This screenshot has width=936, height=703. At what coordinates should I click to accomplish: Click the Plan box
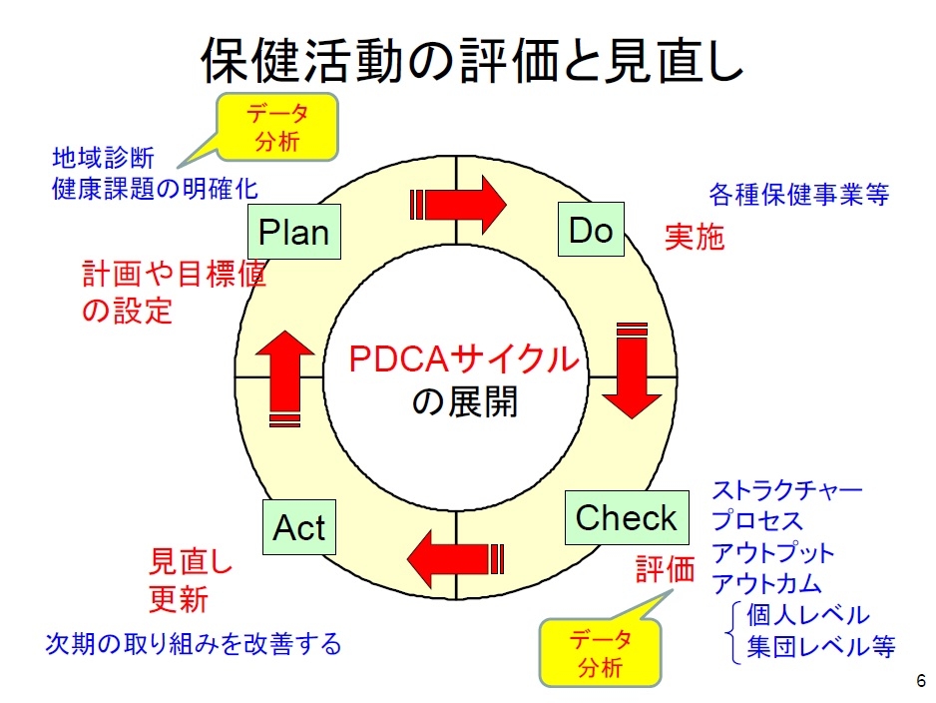[294, 232]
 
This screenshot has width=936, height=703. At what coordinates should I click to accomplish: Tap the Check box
[627, 517]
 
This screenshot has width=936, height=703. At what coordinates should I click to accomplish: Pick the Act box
[299, 527]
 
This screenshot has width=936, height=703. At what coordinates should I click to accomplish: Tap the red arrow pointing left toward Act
[454, 557]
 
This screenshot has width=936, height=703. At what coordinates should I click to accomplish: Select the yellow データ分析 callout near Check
[600, 651]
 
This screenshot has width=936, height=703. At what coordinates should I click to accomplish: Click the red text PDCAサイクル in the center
[464, 358]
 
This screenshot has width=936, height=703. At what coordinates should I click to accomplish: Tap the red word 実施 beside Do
[695, 238]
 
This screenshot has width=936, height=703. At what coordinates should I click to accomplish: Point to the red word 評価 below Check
[666, 569]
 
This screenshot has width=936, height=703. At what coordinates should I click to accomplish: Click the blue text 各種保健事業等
[798, 194]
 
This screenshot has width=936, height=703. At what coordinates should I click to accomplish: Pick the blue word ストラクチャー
[786, 490]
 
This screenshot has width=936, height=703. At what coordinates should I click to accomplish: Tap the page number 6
[920, 682]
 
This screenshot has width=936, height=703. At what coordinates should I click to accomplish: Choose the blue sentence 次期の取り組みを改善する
[194, 643]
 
